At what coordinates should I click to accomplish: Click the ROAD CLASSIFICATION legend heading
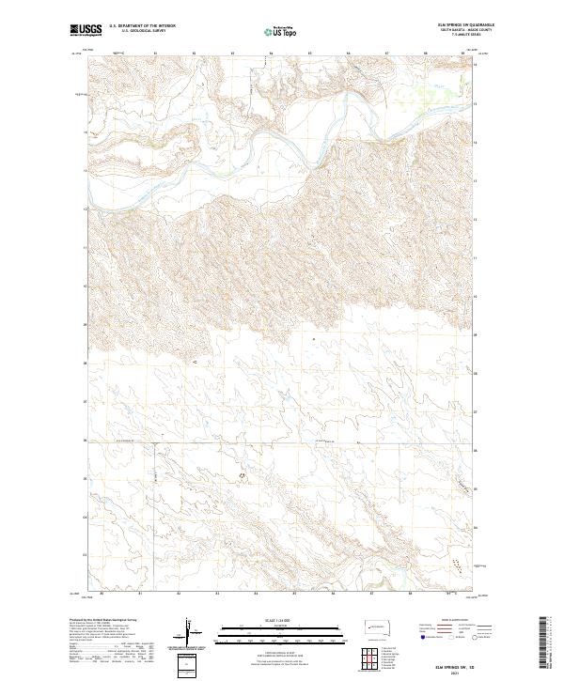click(447, 621)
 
